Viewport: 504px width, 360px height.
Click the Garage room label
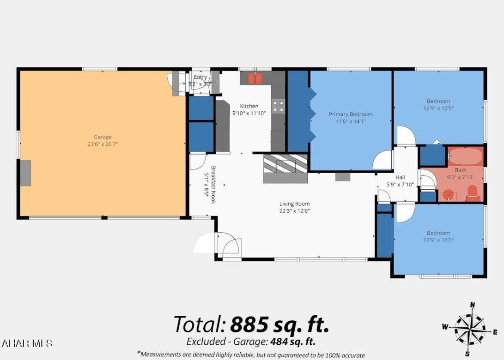[103, 137]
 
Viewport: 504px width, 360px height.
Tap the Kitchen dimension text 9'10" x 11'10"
[249, 113]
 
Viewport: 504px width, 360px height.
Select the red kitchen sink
[255, 78]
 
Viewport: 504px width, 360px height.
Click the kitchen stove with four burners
[278, 106]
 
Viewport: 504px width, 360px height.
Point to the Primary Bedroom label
[350, 114]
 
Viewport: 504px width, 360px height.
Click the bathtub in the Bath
[465, 157]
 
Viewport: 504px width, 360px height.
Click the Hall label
[400, 177]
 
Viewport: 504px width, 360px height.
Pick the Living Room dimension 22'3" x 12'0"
[294, 211]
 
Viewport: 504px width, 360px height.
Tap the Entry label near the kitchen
[200, 77]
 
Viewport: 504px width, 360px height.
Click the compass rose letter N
[472, 305]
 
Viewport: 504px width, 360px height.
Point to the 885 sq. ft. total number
[279, 324]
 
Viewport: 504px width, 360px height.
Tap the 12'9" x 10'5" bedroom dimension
[438, 108]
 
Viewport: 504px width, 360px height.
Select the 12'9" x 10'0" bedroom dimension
[438, 240]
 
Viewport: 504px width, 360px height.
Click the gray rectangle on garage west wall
[25, 173]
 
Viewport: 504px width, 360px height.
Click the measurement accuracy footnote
[251, 354]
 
